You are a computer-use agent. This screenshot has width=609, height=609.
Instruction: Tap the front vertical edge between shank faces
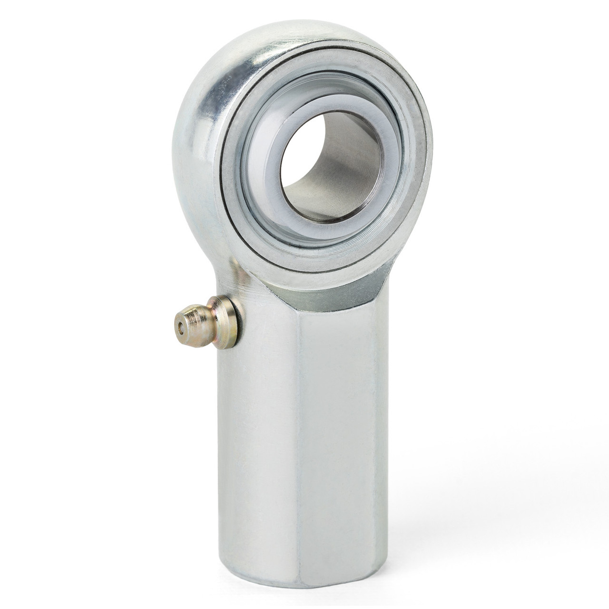[298, 428]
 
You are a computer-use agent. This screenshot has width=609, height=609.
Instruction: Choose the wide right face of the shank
[338, 428]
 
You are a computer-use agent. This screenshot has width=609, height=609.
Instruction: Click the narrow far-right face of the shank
[381, 428]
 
